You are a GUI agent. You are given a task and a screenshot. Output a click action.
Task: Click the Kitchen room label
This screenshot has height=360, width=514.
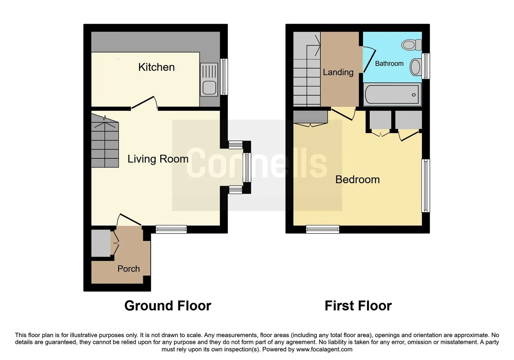pyautogui.click(x=157, y=67)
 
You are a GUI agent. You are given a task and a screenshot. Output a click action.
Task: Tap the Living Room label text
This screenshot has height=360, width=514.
pyautogui.click(x=158, y=159)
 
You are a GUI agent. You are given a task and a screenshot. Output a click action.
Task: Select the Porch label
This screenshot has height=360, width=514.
pyautogui.click(x=128, y=269)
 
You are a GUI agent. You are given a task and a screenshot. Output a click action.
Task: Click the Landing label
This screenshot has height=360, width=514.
pyautogui.click(x=338, y=72)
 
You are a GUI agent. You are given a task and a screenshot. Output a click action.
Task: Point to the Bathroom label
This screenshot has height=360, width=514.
pyautogui.click(x=389, y=63)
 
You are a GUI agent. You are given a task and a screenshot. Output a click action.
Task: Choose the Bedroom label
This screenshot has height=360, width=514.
pyautogui.click(x=357, y=179)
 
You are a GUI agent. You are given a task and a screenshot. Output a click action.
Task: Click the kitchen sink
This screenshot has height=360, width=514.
pyautogui.click(x=209, y=80)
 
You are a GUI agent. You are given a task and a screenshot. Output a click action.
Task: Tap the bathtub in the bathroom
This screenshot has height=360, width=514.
pyautogui.click(x=392, y=94)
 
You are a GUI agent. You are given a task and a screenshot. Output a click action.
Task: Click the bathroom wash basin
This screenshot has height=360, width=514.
pyautogui.click(x=416, y=67)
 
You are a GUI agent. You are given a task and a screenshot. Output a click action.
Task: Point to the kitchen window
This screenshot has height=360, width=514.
pyautogui.click(x=224, y=77)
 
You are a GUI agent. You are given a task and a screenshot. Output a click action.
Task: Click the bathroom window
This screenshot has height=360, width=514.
pyautogui.click(x=426, y=66)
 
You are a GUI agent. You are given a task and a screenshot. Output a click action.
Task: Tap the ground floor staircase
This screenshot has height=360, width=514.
pyautogui.click(x=105, y=141)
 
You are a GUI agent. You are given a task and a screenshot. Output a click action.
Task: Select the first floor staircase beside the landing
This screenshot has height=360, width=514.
pyautogui.click(x=307, y=69)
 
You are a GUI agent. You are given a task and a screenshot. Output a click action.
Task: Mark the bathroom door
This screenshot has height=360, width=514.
pyautogui.click(x=369, y=60)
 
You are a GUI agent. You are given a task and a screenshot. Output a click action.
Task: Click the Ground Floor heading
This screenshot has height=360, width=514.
pyautogui.click(x=168, y=306)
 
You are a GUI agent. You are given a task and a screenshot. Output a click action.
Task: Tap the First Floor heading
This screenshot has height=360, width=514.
pyautogui.click(x=358, y=306)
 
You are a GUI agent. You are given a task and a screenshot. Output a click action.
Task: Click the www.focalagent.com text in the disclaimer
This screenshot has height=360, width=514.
pyautogui.click(x=324, y=349)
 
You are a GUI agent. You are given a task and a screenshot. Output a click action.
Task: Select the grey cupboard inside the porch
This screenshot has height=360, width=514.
pyautogui.click(x=101, y=243)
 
